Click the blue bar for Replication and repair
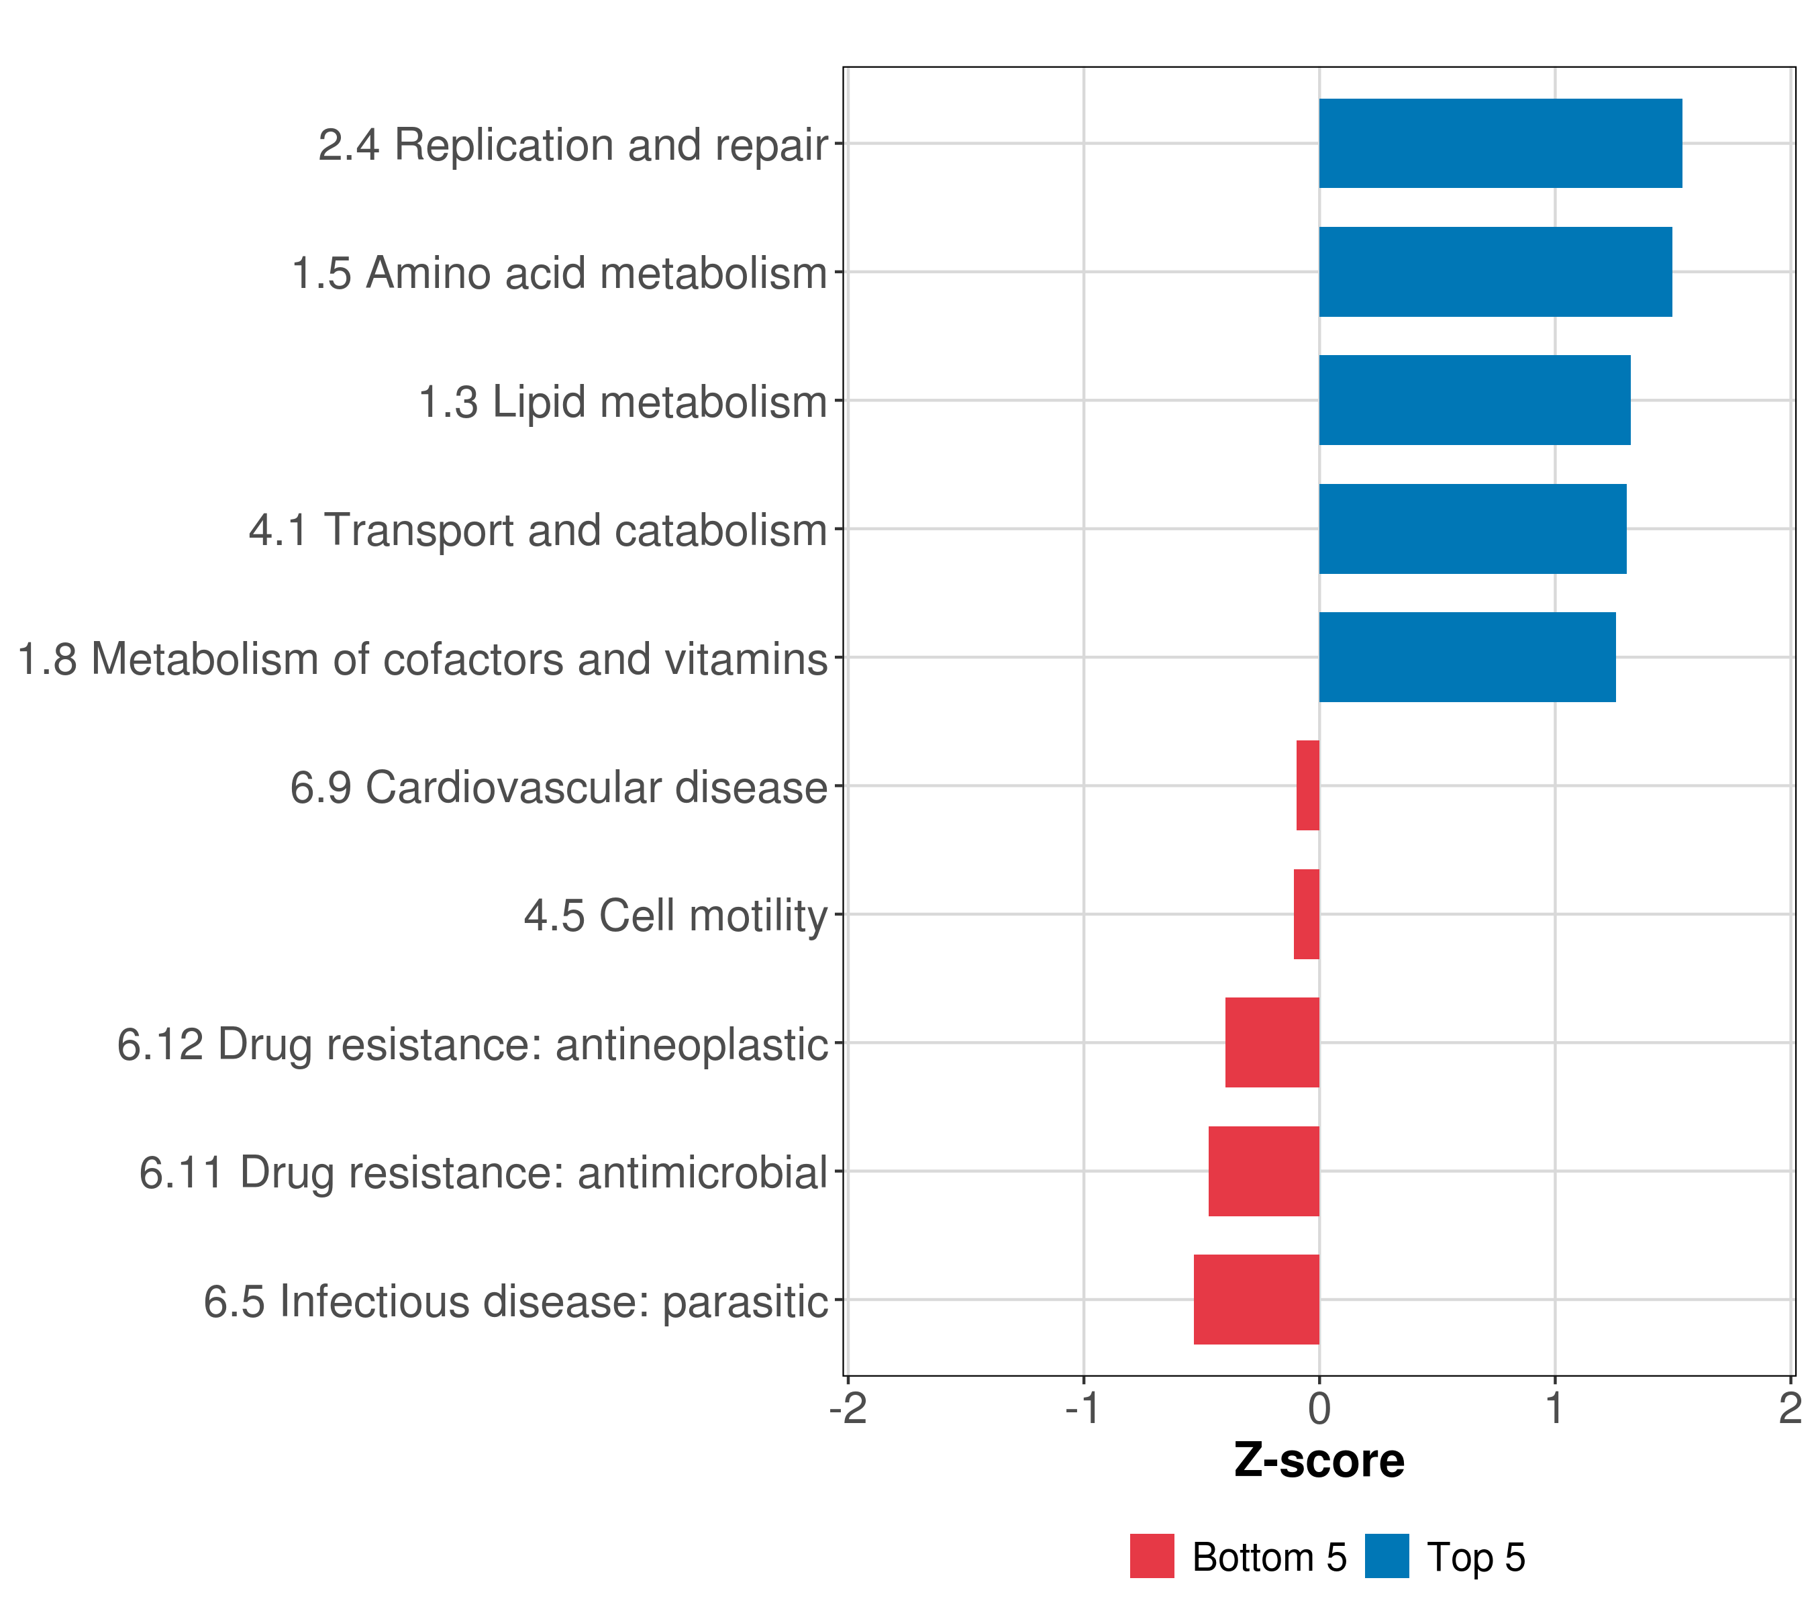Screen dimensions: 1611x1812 click(1500, 143)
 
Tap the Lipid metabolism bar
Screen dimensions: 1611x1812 click(1474, 400)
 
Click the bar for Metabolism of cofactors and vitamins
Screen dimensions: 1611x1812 click(1466, 657)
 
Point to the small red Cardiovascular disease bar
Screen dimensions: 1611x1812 click(1307, 785)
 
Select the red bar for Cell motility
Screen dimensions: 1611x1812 click(1306, 914)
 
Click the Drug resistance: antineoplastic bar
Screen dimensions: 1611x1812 click(1272, 1042)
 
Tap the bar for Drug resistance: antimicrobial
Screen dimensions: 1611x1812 click(1263, 1171)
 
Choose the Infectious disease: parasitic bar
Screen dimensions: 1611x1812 click(1256, 1300)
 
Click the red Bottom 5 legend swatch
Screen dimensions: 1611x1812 click(1152, 1556)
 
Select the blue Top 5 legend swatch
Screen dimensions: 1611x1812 click(1387, 1556)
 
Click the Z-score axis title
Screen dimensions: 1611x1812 click(1319, 1460)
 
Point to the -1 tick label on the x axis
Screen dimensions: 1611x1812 click(1083, 1408)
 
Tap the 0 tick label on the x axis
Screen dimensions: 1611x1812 click(1319, 1408)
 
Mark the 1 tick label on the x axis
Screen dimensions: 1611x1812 click(1554, 1408)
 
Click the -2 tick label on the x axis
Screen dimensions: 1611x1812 click(848, 1408)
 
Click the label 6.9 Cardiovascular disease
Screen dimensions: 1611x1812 click(558, 787)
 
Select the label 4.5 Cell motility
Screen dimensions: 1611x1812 click(676, 916)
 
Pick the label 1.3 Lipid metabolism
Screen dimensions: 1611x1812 click(622, 401)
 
